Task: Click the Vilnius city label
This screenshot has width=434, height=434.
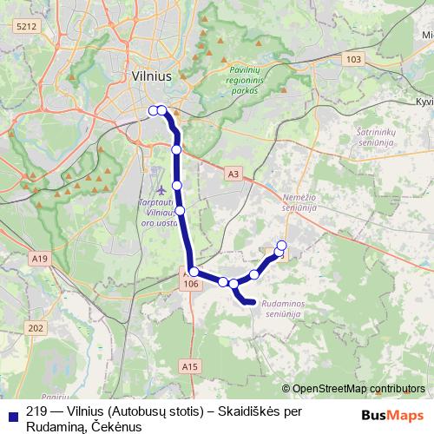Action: point(152,76)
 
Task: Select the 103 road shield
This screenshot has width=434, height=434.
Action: point(352,59)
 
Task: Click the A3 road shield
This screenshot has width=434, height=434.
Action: point(232,174)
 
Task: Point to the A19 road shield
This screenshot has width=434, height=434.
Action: point(38,258)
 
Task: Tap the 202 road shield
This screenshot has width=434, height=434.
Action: point(36,327)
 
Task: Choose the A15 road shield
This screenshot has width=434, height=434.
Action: point(190,367)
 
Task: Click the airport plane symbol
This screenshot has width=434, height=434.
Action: point(160,188)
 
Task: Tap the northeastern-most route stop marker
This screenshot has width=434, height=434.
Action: point(282,245)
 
